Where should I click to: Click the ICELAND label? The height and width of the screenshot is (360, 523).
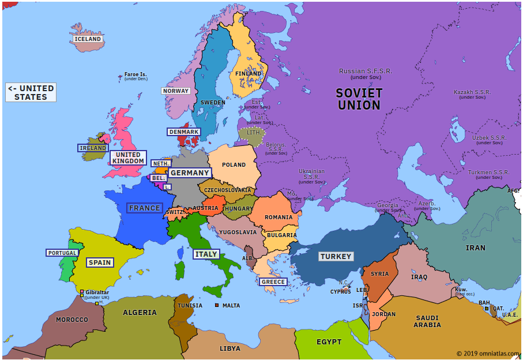coord(88,39)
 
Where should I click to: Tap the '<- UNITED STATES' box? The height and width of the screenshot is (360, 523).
coord(31,92)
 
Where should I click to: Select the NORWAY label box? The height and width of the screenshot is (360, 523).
coord(176,91)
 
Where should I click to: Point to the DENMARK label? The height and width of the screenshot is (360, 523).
coord(184,132)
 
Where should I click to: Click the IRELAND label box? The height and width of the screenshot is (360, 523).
coord(93,148)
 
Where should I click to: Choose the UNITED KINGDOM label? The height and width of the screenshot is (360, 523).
coord(128,158)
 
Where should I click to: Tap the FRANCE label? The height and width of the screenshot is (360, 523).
coord(145,208)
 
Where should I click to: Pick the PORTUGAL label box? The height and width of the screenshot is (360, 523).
coord(62,253)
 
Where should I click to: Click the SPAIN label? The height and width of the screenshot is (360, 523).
coord(100,262)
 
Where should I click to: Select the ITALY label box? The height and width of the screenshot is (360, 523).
coord(206,254)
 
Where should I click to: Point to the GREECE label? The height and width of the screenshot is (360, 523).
coord(273,282)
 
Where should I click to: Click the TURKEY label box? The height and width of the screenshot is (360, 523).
coord(336,256)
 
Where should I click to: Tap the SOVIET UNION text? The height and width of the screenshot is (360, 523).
coord(359,99)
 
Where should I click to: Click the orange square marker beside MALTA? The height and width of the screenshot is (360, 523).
coord(217,305)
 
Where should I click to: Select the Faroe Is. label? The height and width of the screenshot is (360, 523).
coord(136,75)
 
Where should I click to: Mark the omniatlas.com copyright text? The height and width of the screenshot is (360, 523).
coord(488,354)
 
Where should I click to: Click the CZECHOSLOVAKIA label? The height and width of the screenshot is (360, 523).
coord(228,190)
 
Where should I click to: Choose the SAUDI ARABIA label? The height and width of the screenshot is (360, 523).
coord(427,321)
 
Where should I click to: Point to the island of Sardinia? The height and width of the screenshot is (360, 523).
coord(180,270)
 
